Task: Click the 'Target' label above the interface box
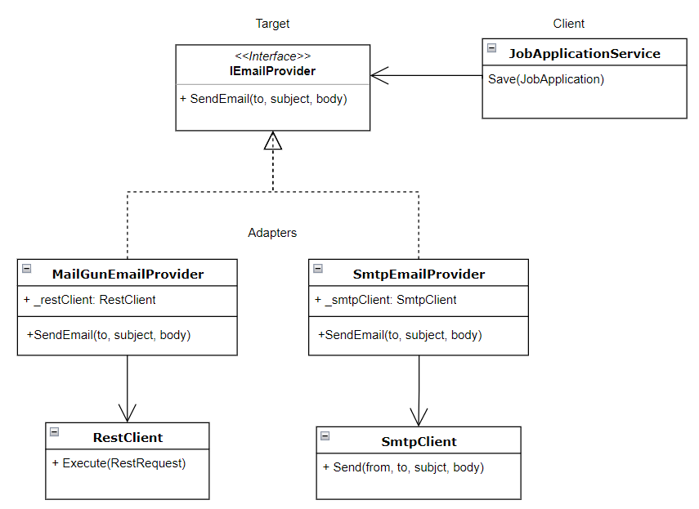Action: point(272,24)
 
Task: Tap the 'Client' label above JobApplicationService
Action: point(569,24)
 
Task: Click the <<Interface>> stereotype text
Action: point(272,56)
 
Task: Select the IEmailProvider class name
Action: point(272,71)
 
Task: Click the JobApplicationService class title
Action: point(584,54)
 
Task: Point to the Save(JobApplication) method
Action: point(546,79)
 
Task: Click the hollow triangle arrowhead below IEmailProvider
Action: point(272,141)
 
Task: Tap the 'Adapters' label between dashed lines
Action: point(272,233)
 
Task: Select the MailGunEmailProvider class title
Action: point(128,274)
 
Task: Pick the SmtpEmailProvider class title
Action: point(419,274)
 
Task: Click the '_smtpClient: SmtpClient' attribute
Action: point(386,300)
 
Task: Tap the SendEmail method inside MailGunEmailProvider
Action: point(109,335)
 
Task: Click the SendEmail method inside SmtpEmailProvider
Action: point(400,335)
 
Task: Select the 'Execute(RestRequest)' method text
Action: point(119,463)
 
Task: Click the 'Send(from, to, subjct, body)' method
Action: point(403,467)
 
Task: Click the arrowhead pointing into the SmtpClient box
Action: point(419,417)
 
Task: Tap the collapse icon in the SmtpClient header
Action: point(325,436)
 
